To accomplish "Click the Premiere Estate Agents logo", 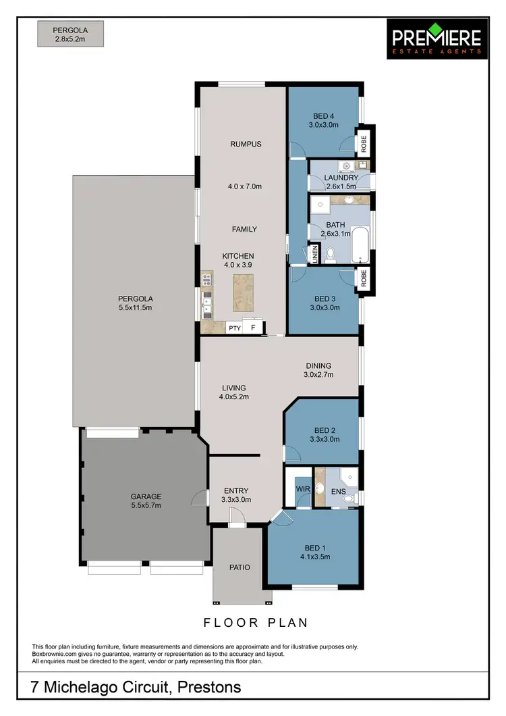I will coord(437,39).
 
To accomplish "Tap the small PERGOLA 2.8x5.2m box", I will coord(71,34).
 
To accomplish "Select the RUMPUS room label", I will coord(245,144).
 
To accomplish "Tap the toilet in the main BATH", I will coord(331,255).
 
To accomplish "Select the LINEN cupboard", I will coord(314,254).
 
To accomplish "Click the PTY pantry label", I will coord(234,328).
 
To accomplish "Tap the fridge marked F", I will coord(253,328).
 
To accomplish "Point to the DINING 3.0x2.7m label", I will coord(318,369).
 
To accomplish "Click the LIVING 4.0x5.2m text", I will coord(234,392).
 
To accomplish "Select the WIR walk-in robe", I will coord(302,488).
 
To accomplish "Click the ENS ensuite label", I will coord(337,491).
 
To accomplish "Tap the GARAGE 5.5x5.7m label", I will coord(146,501).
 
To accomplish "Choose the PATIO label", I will coord(239,567).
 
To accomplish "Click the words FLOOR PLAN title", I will coord(255,622).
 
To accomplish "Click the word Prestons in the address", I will coord(209,688).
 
